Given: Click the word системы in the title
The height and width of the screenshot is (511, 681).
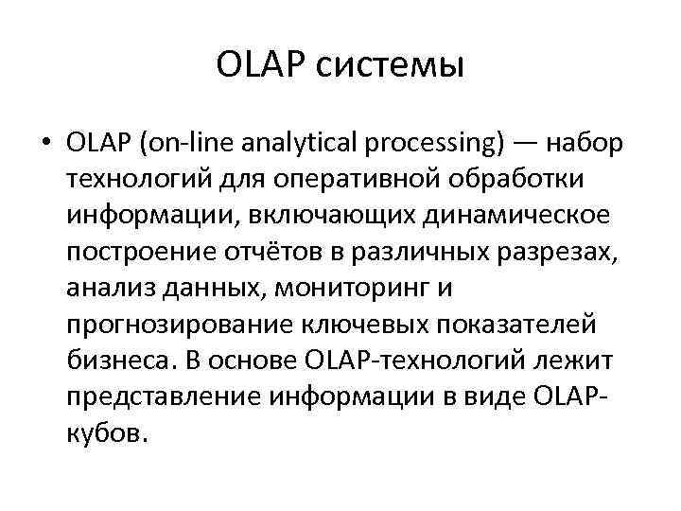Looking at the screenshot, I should coord(395,65).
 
